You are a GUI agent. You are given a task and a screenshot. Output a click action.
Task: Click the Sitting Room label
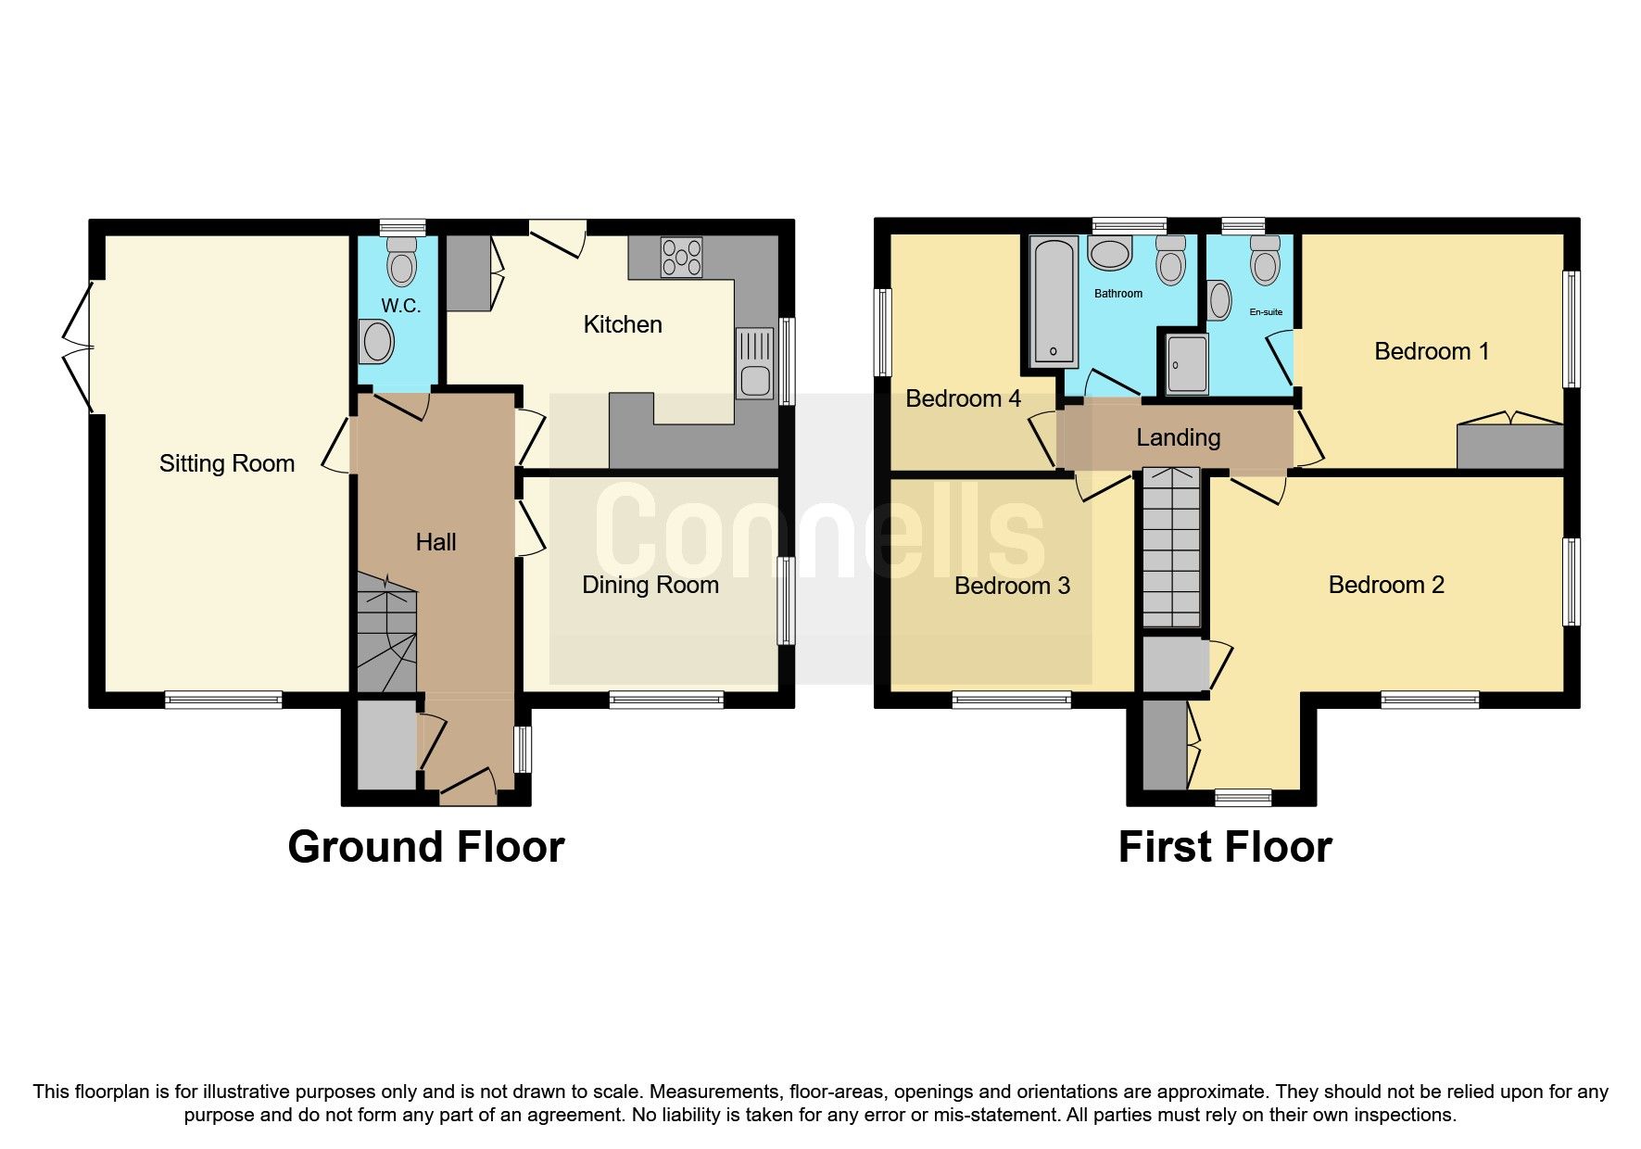pyautogui.click(x=227, y=463)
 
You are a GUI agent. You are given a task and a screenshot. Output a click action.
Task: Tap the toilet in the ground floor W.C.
pyautogui.click(x=401, y=260)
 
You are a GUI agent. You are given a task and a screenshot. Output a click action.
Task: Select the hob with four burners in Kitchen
pyautogui.click(x=681, y=258)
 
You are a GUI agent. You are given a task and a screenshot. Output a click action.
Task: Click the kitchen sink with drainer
pyautogui.click(x=754, y=363)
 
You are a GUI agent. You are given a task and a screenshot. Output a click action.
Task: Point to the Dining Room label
pyautogui.click(x=650, y=585)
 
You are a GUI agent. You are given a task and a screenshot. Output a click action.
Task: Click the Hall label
pyautogui.click(x=435, y=542)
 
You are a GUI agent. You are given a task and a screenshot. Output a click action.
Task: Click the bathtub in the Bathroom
pyautogui.click(x=1054, y=301)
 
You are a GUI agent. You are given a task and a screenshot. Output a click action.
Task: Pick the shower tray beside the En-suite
pyautogui.click(x=1187, y=364)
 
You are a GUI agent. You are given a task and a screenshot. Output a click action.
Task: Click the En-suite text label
pyautogui.click(x=1266, y=312)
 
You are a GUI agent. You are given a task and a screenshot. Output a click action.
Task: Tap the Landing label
pyautogui.click(x=1178, y=437)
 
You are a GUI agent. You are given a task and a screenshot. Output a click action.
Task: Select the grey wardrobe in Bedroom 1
pyautogui.click(x=1509, y=447)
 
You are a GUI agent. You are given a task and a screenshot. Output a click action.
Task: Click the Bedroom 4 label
pyautogui.click(x=963, y=398)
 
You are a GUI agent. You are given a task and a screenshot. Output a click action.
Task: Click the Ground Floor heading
pyautogui.click(x=425, y=847)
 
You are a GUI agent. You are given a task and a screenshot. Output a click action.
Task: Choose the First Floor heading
pyautogui.click(x=1224, y=847)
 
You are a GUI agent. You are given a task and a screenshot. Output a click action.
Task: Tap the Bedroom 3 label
pyautogui.click(x=1012, y=586)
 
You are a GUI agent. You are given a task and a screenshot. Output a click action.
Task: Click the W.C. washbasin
pyautogui.click(x=378, y=342)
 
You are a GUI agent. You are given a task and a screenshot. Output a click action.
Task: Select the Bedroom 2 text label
pyautogui.click(x=1385, y=585)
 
